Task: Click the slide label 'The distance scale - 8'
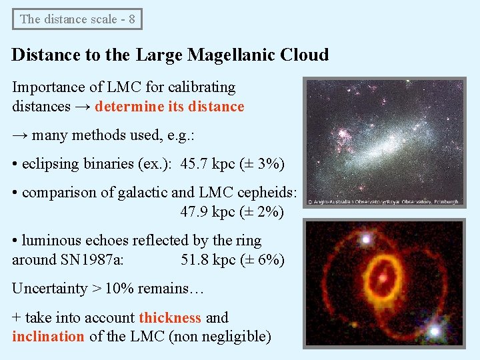pos(77,19)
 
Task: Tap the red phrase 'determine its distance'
pos(169,107)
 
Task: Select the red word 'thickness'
pos(170,317)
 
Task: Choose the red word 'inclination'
pos(48,336)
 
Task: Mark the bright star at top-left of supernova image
pos(365,238)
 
